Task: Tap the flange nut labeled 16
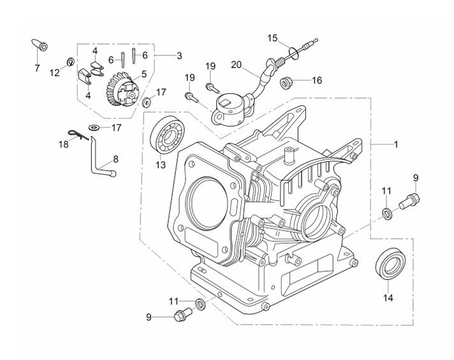(x=287, y=83)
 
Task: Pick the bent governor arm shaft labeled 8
(x=102, y=158)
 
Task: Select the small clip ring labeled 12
(x=70, y=61)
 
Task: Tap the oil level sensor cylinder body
(x=231, y=109)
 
